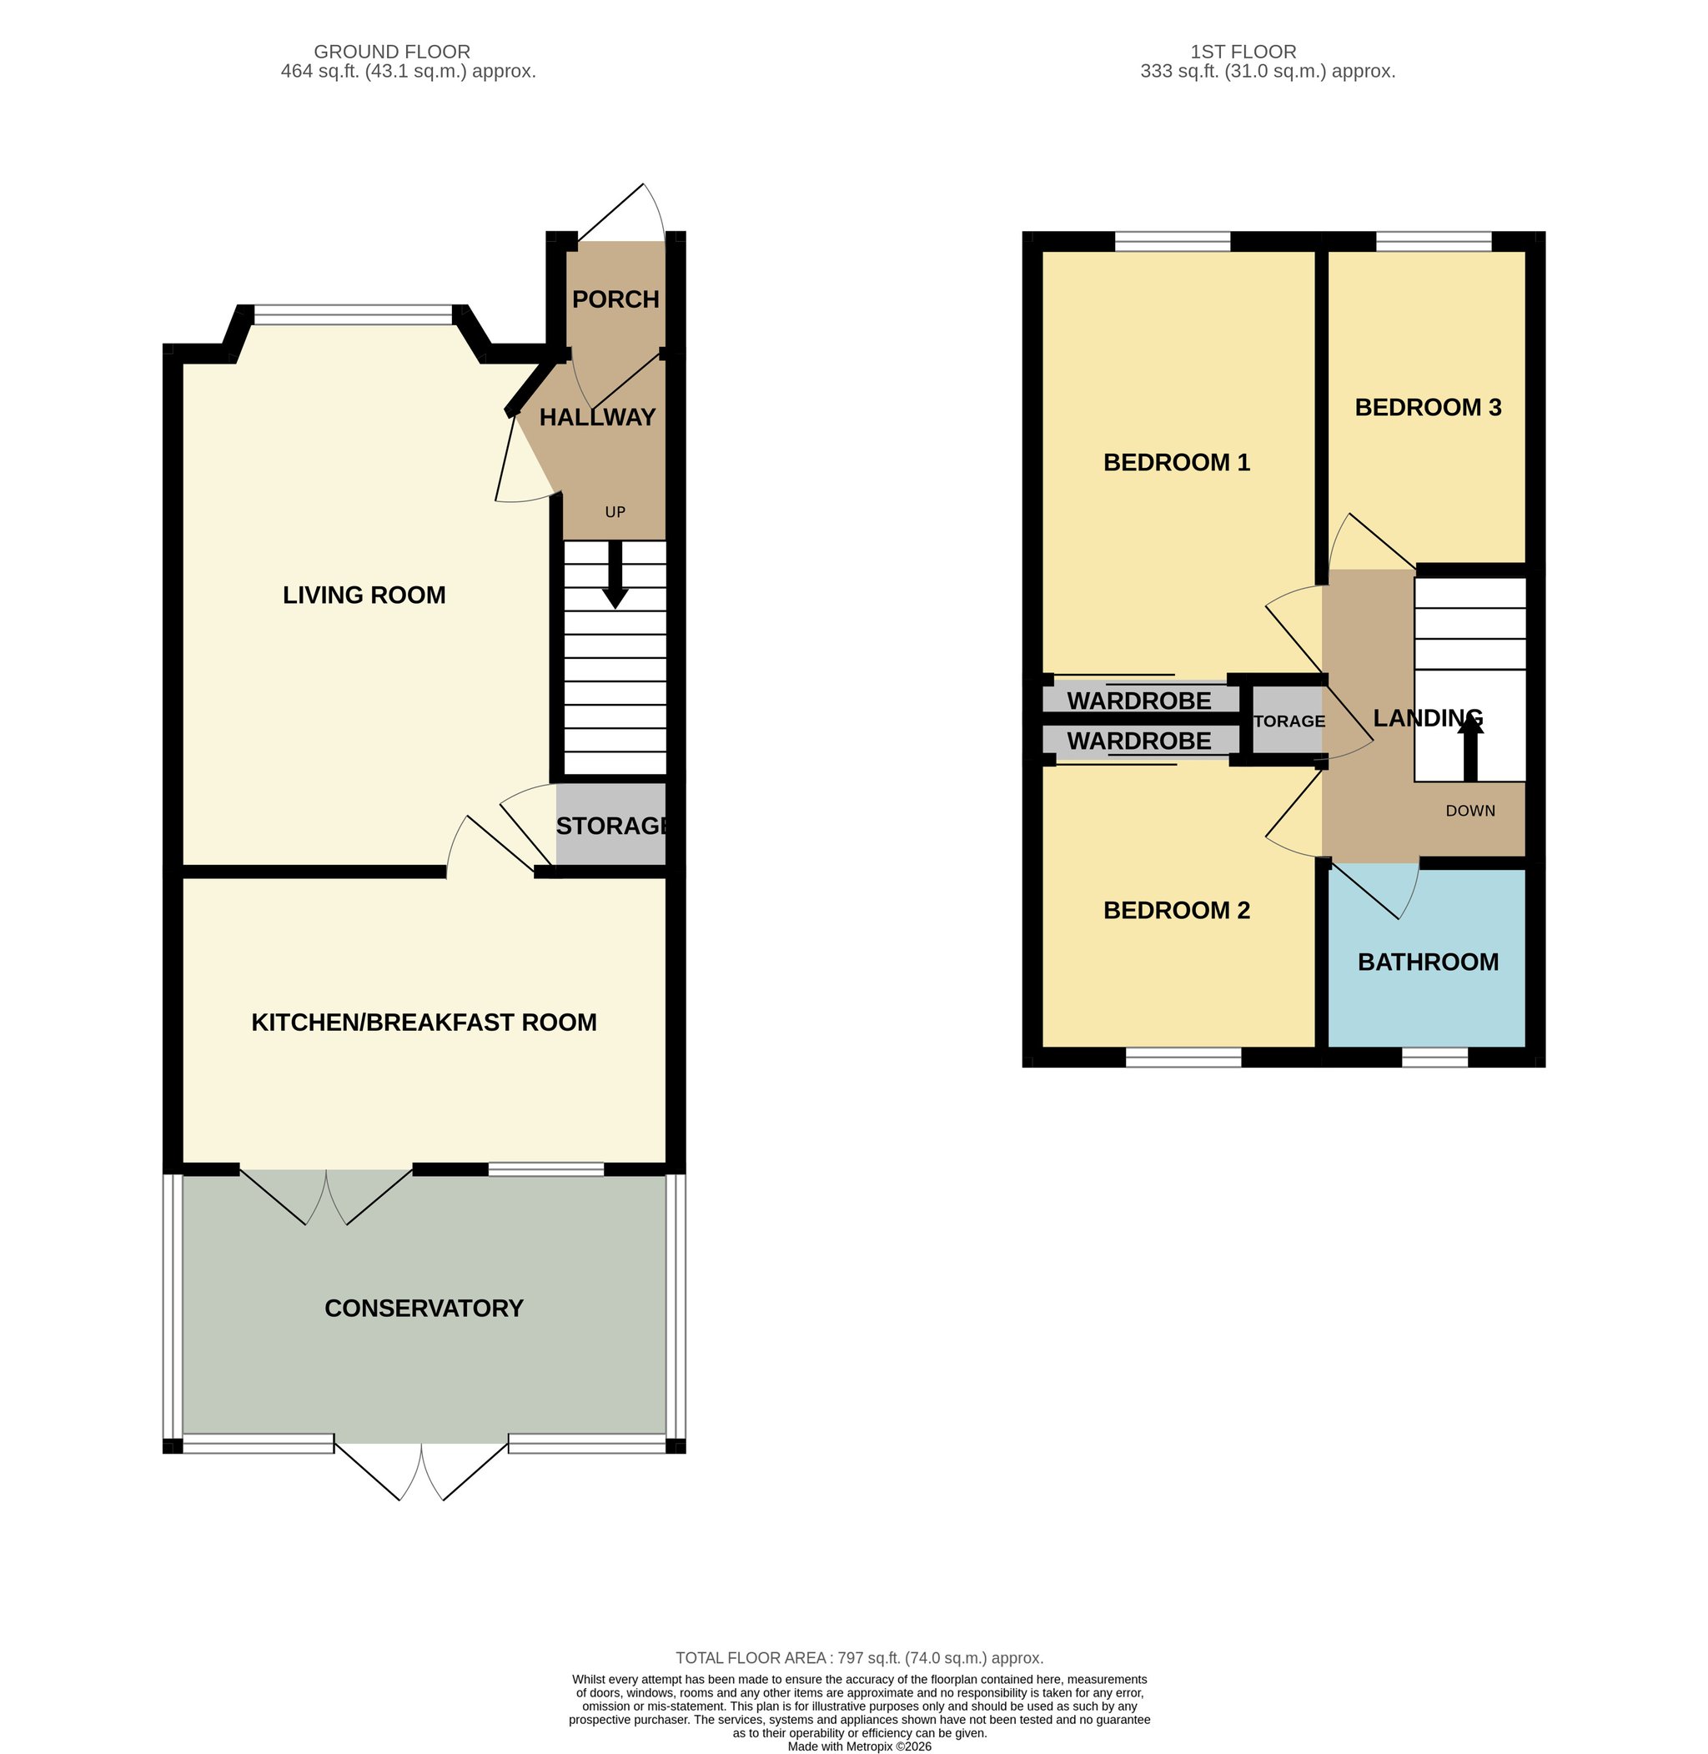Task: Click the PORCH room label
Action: [x=615, y=299]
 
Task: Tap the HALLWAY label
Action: [x=597, y=417]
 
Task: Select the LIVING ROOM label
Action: [x=364, y=595]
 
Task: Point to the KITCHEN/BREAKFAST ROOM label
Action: [x=424, y=1022]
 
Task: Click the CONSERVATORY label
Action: [x=424, y=1308]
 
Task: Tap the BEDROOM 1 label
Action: [x=1176, y=462]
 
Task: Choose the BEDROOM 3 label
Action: [x=1428, y=407]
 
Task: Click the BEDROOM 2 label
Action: [x=1176, y=910]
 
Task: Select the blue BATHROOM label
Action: [x=1428, y=962]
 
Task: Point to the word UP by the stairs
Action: [x=615, y=512]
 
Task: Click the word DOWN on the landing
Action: [x=1470, y=811]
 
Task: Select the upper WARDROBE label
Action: [x=1139, y=701]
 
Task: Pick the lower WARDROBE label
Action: [x=1139, y=741]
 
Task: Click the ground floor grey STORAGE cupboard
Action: [x=611, y=825]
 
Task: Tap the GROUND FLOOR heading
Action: [x=392, y=52]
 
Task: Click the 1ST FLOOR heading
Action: [x=1243, y=52]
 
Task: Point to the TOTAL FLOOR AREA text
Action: [x=859, y=1658]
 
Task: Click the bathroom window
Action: [x=1434, y=1058]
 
